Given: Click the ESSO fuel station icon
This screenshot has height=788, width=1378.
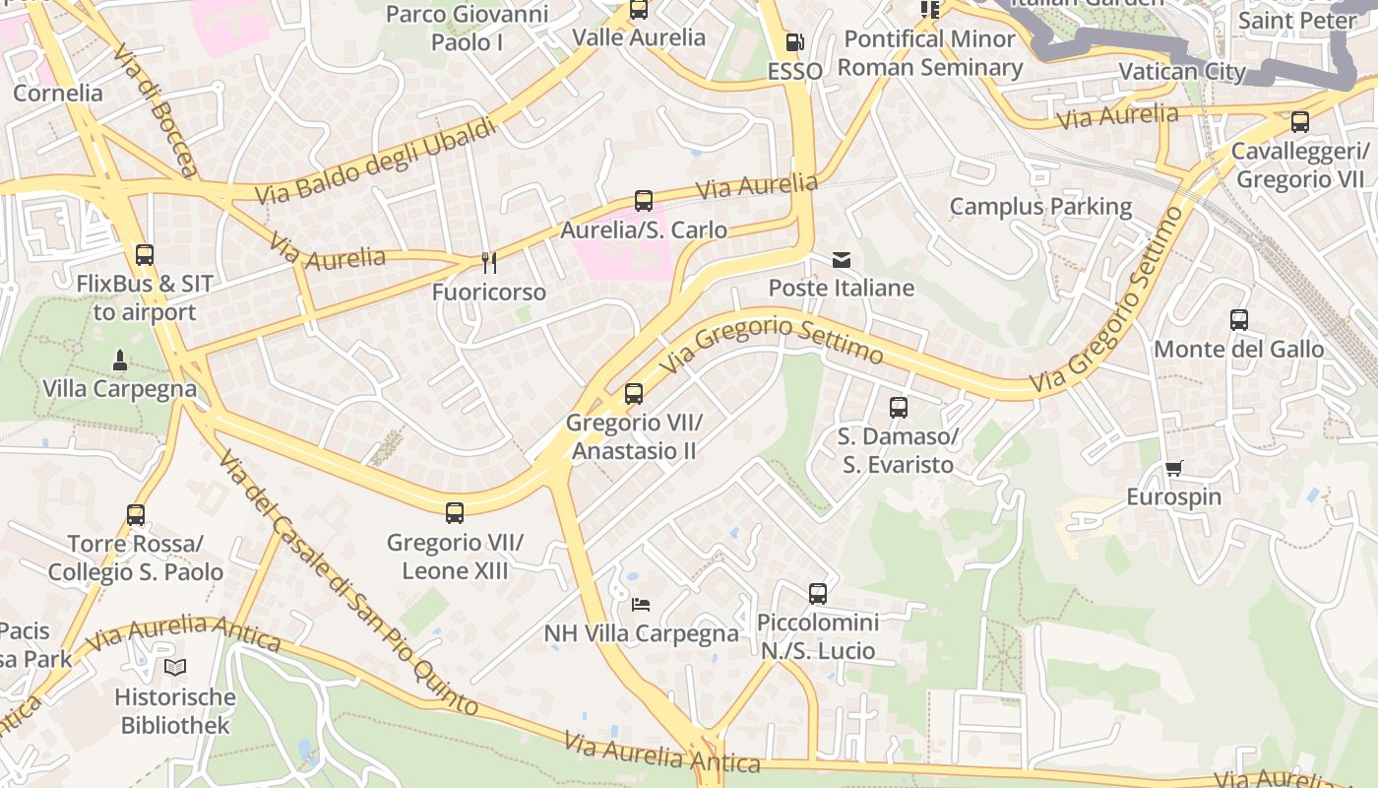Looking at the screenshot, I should [x=794, y=43].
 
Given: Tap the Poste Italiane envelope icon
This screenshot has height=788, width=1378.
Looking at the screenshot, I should [x=842, y=260].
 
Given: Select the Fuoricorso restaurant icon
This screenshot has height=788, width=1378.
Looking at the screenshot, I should [x=488, y=263].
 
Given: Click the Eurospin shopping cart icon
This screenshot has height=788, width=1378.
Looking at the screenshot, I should [x=1173, y=468].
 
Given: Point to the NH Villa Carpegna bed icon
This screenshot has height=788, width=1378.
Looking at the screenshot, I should [x=641, y=604].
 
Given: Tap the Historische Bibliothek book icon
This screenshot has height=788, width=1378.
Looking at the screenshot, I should [x=175, y=668].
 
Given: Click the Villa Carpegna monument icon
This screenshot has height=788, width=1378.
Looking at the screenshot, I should [x=119, y=360].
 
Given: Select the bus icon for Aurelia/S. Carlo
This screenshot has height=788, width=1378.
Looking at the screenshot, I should [x=644, y=201].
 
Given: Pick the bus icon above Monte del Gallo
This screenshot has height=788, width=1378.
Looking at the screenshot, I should [x=1239, y=320].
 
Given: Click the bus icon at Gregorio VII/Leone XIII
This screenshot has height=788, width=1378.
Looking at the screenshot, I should [x=455, y=513].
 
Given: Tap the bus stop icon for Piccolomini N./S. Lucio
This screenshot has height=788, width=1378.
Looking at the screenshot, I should [x=818, y=594].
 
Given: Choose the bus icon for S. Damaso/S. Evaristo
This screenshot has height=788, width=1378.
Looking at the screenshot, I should [x=898, y=408].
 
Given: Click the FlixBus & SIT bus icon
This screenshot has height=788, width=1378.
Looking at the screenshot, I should [x=145, y=255].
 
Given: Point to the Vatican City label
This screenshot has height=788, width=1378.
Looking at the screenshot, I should [x=1182, y=72].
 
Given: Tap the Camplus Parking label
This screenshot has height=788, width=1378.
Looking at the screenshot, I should [x=1040, y=207].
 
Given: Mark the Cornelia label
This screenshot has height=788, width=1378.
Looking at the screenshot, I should [x=57, y=94].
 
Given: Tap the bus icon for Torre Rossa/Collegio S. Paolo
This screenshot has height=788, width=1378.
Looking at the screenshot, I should [x=136, y=515].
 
